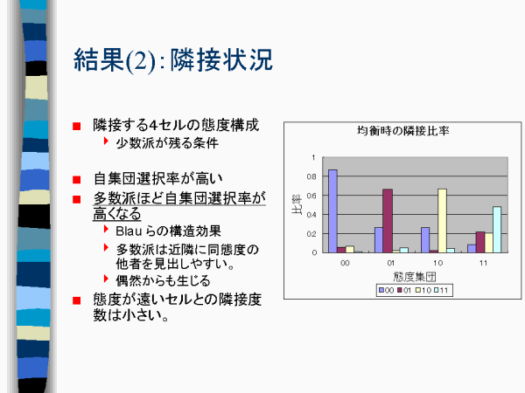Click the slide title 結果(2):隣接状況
tap(173, 60)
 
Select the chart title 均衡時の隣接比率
tap(402, 131)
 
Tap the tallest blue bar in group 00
tap(332, 210)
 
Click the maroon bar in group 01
tap(388, 221)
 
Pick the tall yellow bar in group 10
tap(442, 221)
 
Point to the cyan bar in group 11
tap(497, 230)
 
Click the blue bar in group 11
tap(472, 249)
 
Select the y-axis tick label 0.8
tap(311, 176)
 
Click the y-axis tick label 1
tap(313, 157)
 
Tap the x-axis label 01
tap(391, 263)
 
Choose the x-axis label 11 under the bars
tap(483, 263)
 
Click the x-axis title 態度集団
tap(415, 277)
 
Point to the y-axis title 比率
tap(297, 204)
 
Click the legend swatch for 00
tap(381, 290)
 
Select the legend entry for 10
tap(423, 290)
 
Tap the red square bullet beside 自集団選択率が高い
tap(77, 180)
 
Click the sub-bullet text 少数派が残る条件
tap(167, 143)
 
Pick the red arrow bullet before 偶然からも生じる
tap(107, 279)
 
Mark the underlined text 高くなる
tap(117, 214)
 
